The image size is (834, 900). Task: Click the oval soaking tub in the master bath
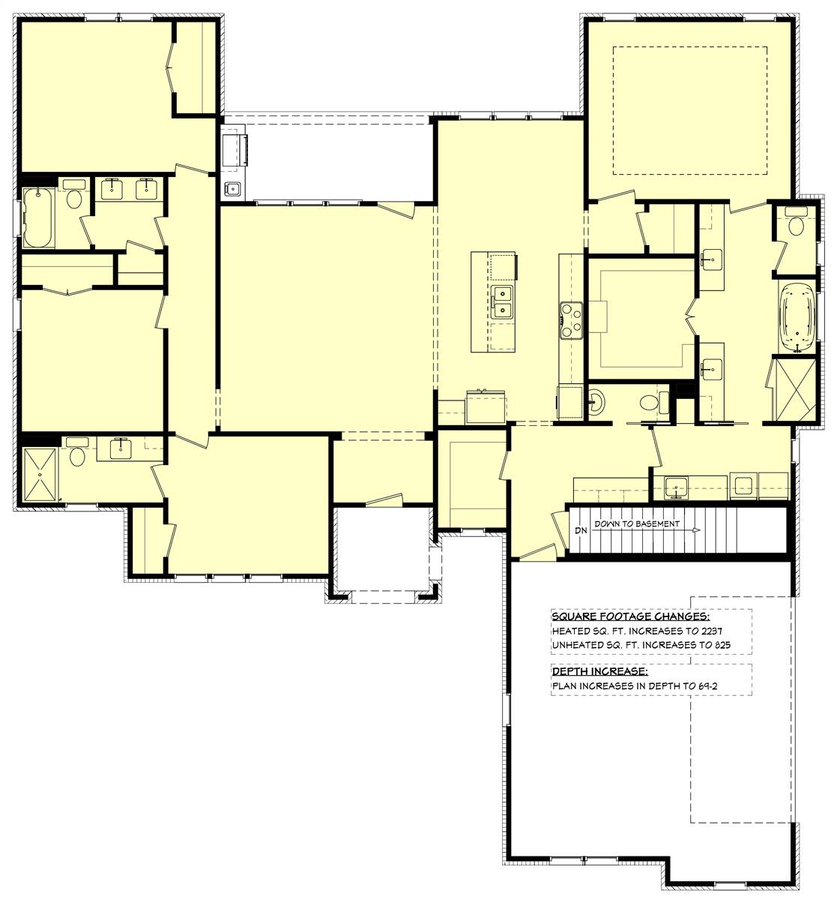coord(797,317)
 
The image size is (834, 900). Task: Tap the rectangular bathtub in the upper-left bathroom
coord(37,218)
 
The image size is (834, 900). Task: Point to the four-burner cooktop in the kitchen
coord(572,320)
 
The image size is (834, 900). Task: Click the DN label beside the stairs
coord(581,531)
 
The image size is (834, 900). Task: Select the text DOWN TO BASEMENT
coord(637,523)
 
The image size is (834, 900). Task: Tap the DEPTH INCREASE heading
coord(599,670)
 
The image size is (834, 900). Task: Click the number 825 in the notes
coord(722,644)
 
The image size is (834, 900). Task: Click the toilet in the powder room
coord(650,403)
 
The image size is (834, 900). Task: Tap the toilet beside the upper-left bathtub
coord(73,198)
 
